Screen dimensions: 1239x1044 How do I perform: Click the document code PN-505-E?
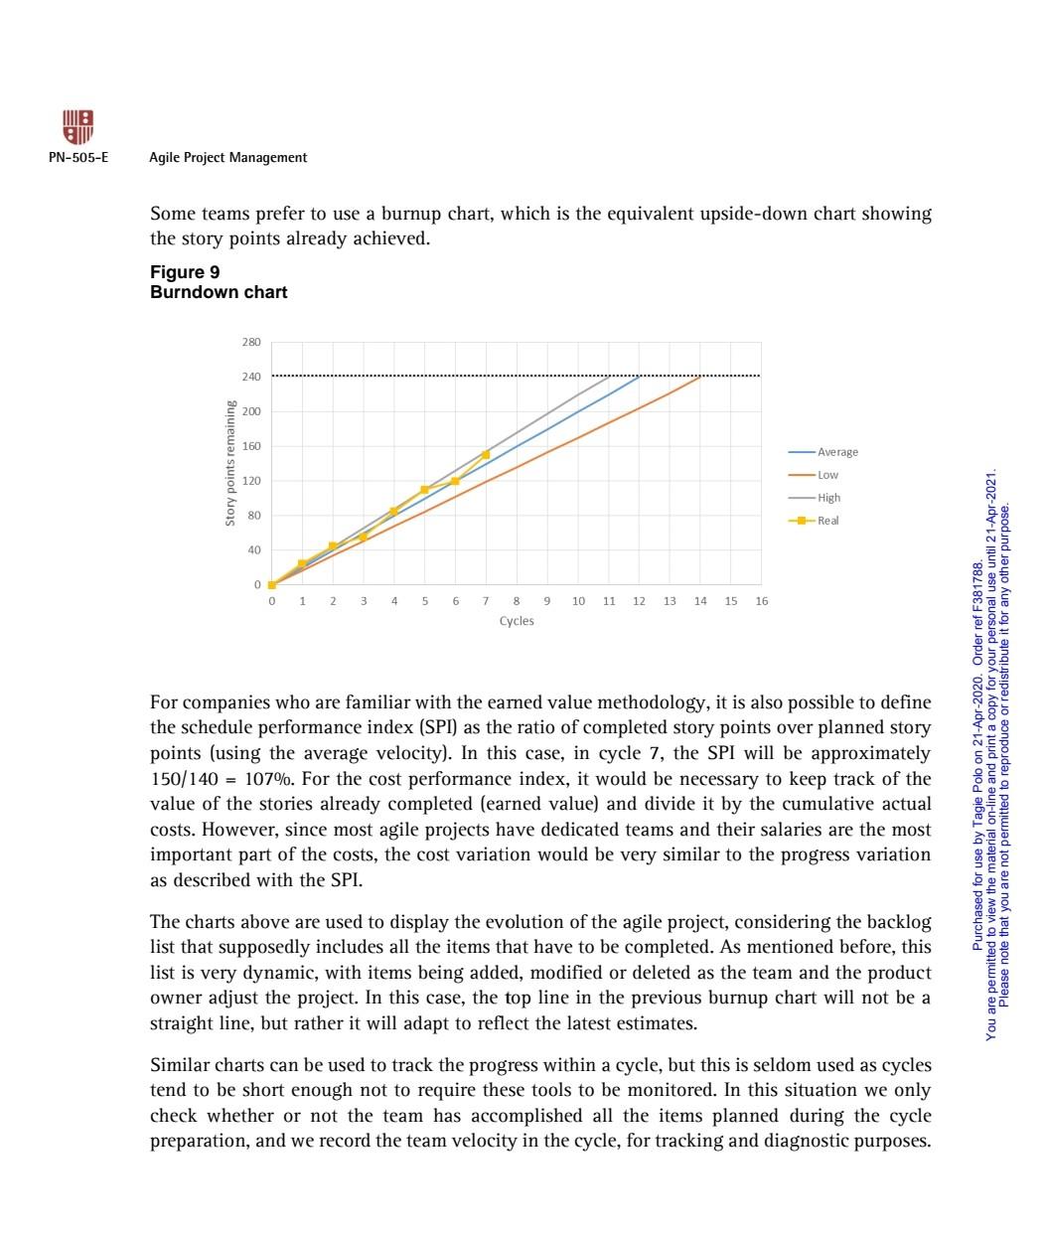[x=78, y=158]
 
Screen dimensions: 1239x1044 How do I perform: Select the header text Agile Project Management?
[x=227, y=158]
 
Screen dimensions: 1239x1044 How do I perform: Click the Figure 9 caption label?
[x=185, y=272]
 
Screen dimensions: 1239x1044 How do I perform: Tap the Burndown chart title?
[x=219, y=292]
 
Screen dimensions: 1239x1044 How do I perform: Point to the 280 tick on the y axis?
[x=250, y=342]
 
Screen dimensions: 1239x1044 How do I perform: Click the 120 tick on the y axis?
[x=250, y=481]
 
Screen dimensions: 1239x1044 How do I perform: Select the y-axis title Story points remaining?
[x=229, y=463]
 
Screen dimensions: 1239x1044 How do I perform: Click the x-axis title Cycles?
[x=517, y=621]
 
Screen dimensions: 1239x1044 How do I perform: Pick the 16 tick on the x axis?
[x=761, y=601]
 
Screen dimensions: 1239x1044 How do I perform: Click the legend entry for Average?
[x=837, y=452]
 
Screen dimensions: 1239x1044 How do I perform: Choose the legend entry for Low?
[x=827, y=475]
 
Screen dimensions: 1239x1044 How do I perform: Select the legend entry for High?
[x=828, y=498]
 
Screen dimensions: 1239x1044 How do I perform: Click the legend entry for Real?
[x=827, y=521]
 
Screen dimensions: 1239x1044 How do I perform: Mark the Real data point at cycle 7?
[x=486, y=454]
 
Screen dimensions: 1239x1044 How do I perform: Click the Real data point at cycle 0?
[x=272, y=584]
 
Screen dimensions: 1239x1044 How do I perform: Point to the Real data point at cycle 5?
[x=424, y=490]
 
